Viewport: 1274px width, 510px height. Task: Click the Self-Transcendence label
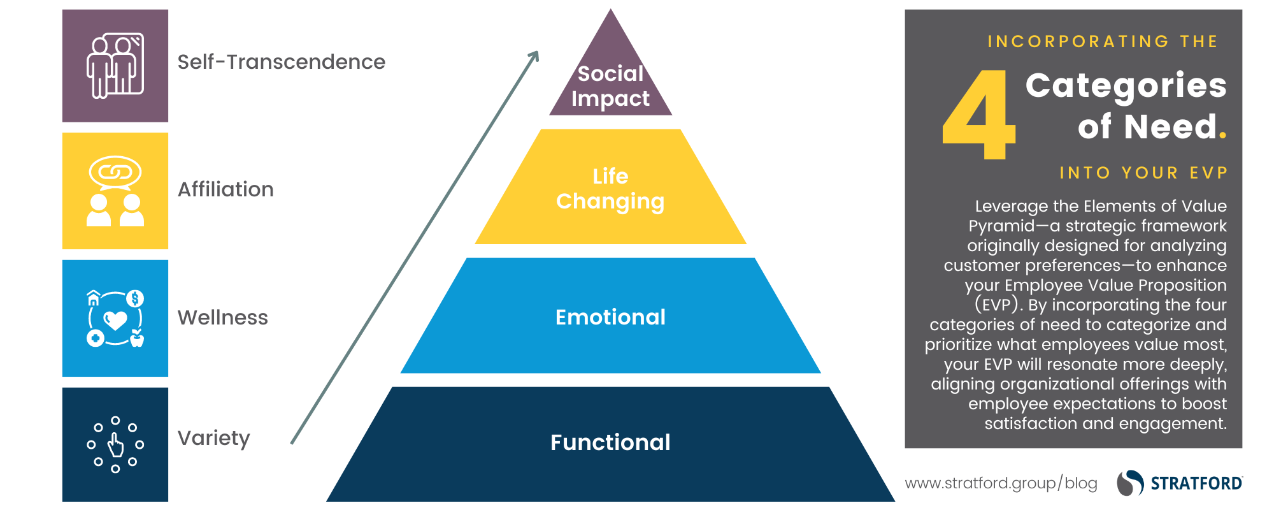point(281,62)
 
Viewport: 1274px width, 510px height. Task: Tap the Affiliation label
point(225,189)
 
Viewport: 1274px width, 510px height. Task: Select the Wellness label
point(222,317)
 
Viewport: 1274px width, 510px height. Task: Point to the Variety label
point(213,438)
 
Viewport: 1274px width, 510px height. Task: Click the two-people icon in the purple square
point(115,66)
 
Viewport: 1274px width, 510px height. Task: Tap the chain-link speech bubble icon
point(115,172)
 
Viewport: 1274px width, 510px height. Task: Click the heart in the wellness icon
point(115,319)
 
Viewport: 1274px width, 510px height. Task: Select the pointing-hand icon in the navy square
point(115,445)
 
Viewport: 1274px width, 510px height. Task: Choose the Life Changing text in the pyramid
point(610,189)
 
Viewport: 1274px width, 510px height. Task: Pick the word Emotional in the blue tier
point(610,317)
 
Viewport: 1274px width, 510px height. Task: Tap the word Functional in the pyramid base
point(610,442)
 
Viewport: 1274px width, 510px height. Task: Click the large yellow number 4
point(979,115)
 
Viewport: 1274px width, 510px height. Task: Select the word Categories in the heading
point(1126,85)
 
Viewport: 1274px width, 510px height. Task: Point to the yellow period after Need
point(1222,135)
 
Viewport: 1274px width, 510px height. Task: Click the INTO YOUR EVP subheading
point(1143,173)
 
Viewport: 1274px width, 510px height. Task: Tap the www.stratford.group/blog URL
point(1001,483)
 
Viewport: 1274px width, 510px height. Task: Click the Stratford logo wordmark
point(1196,483)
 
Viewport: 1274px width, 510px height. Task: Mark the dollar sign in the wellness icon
point(135,298)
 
